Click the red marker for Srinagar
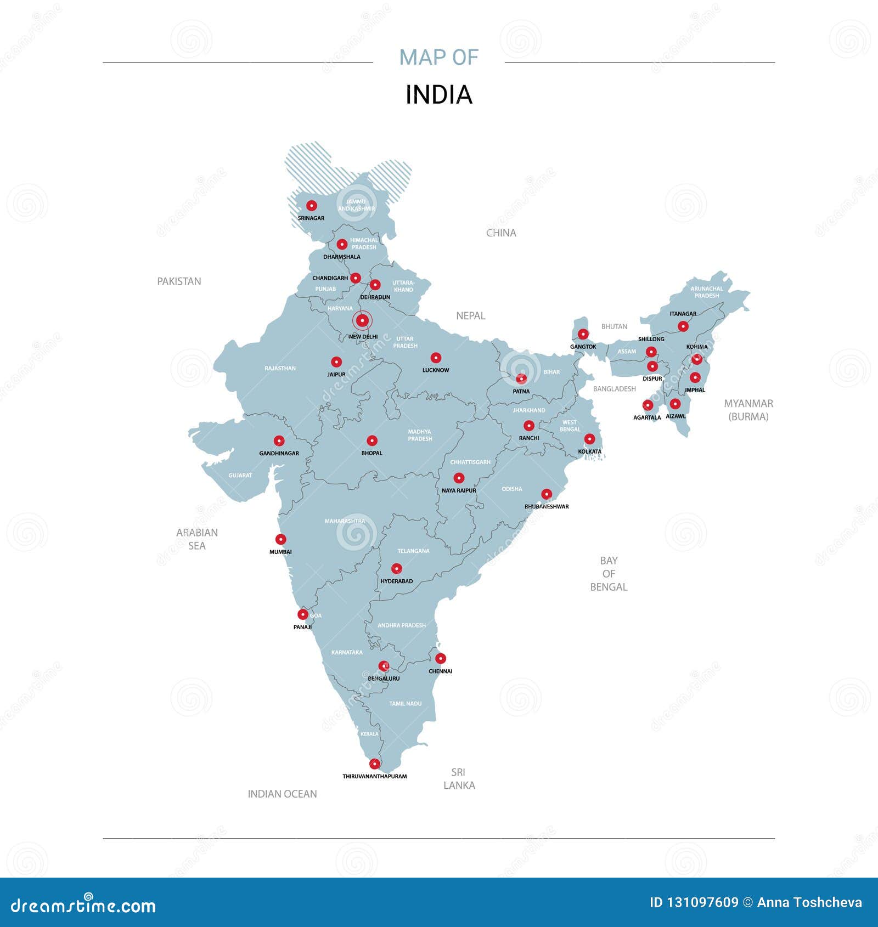[x=311, y=206]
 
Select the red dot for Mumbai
[x=280, y=539]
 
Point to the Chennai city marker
[x=440, y=658]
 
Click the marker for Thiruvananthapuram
[x=374, y=764]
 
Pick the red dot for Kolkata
[x=589, y=439]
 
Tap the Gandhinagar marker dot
[x=279, y=440]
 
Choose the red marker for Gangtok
[x=583, y=334]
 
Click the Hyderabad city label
[x=396, y=581]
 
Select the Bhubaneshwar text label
[x=547, y=506]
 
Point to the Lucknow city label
[x=436, y=370]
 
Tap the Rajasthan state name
[x=280, y=368]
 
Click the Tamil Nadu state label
[x=405, y=703]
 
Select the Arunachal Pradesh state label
[x=706, y=292]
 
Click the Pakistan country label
[x=179, y=281]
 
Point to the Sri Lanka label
[x=459, y=779]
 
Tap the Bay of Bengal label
[x=609, y=574]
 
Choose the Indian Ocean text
[x=282, y=794]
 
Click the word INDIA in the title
[x=438, y=95]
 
